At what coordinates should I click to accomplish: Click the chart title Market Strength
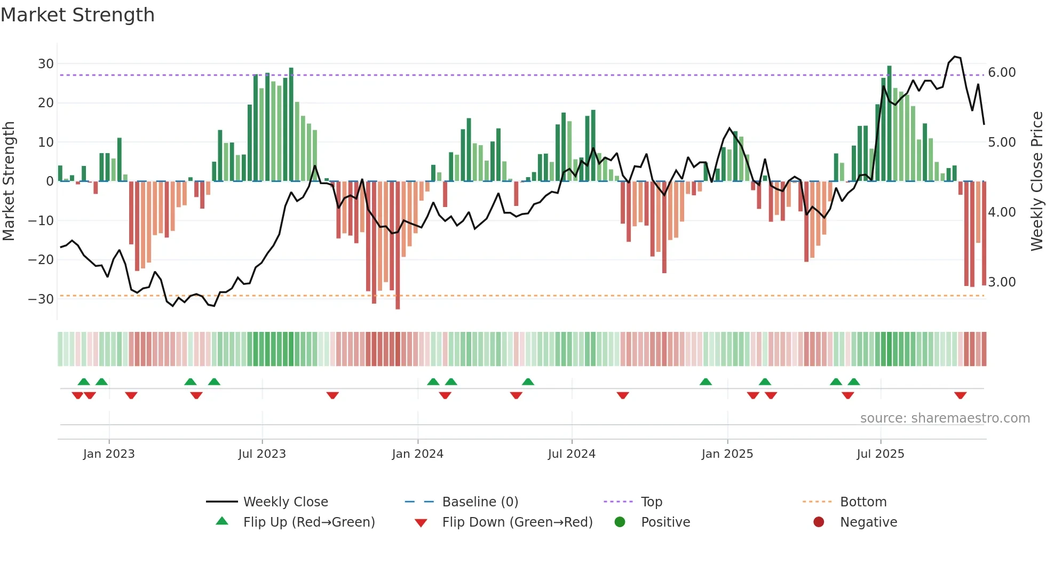(x=77, y=15)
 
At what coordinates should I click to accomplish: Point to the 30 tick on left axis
(x=46, y=64)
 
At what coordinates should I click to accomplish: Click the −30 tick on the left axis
(x=42, y=299)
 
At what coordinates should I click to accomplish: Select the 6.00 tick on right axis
(x=1002, y=73)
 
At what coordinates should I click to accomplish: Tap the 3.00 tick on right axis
(x=1002, y=282)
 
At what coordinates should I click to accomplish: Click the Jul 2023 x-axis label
(x=262, y=454)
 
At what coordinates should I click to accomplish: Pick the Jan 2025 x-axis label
(x=727, y=454)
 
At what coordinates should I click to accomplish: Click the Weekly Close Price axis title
(x=1036, y=181)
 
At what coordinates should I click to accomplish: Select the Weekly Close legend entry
(x=286, y=502)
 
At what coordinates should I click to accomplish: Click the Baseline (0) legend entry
(x=480, y=502)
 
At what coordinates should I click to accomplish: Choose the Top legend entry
(x=651, y=502)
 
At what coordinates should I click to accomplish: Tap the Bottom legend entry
(x=863, y=502)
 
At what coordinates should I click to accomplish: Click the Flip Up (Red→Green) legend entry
(x=309, y=522)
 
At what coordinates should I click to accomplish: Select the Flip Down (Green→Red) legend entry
(x=517, y=522)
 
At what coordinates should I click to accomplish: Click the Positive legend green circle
(x=620, y=522)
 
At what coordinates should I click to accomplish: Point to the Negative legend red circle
(x=819, y=522)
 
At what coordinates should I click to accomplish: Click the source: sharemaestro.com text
(x=945, y=418)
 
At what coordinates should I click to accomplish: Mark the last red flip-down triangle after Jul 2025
(x=961, y=395)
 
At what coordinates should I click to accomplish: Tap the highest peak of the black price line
(x=955, y=57)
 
